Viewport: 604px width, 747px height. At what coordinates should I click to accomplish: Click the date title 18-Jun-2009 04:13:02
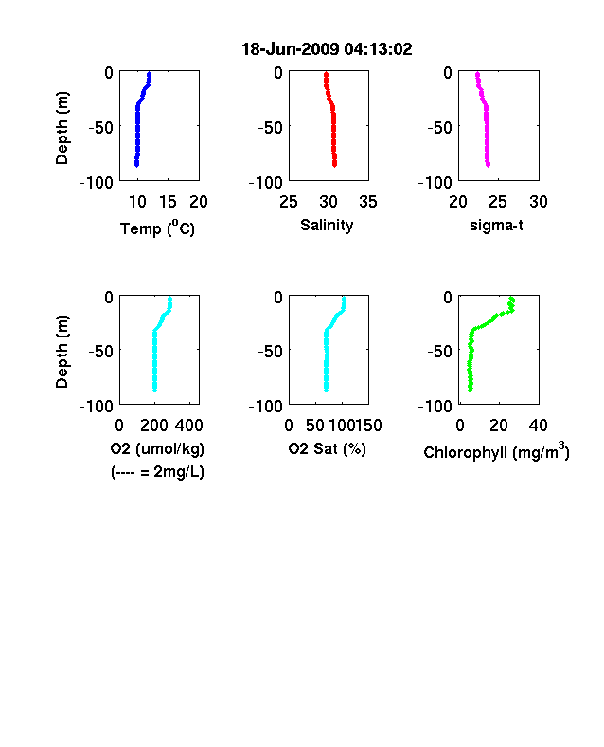point(327,49)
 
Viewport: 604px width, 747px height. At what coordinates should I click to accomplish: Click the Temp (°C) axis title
point(157,228)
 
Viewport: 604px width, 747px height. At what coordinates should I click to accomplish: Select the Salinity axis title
point(327,225)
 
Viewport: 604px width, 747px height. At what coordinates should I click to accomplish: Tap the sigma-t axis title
point(496,225)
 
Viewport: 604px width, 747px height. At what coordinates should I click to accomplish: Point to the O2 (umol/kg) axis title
point(157,448)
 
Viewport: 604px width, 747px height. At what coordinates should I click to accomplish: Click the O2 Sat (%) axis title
point(328,448)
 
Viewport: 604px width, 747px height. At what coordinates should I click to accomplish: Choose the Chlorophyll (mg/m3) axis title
point(496,451)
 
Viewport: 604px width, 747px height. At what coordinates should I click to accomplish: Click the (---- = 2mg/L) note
point(157,472)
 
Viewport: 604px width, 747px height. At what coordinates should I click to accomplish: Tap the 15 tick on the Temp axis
point(168,202)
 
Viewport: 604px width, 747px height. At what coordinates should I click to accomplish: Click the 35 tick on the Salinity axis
point(368,202)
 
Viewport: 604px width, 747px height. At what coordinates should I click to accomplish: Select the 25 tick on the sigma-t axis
point(498,202)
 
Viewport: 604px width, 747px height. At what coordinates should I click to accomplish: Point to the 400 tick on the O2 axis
point(189,426)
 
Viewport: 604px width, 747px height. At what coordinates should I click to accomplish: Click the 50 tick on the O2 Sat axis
point(315,426)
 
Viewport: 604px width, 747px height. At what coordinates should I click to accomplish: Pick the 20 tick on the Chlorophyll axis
point(499,426)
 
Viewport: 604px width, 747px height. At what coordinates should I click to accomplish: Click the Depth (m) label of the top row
point(62,128)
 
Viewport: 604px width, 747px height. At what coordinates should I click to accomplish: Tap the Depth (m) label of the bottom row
point(62,352)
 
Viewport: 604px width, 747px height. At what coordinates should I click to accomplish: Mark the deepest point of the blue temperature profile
point(136,164)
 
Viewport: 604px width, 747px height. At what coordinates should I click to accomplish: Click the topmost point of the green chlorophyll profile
point(512,299)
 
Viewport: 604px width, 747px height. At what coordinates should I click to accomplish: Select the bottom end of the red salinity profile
point(335,164)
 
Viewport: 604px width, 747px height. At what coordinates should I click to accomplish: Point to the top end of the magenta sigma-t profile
point(477,74)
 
